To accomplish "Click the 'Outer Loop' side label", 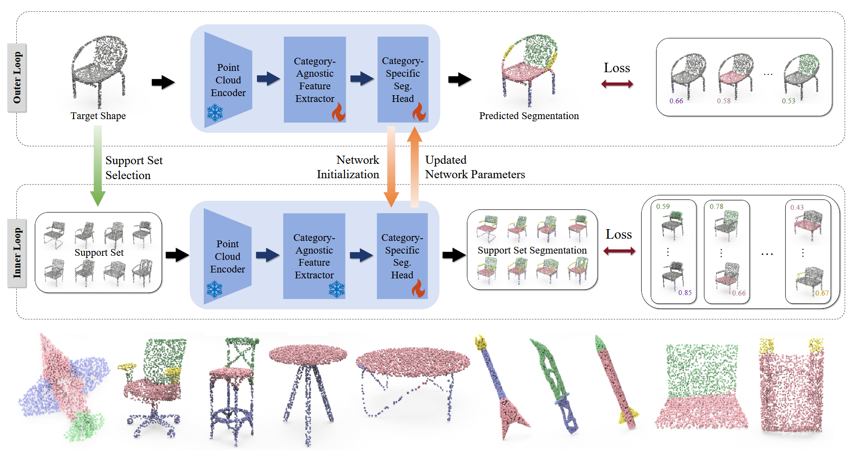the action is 17,78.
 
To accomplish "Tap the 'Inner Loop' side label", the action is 17,253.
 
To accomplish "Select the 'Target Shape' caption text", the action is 98,116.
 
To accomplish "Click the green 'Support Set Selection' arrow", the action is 98,166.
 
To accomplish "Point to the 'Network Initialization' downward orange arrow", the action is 391,166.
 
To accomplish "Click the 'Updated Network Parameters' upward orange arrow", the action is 415,166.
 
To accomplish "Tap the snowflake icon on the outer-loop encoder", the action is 215,113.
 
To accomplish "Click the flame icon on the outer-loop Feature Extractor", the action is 339,112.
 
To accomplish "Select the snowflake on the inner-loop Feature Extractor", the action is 336,289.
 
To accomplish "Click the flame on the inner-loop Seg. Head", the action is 419,288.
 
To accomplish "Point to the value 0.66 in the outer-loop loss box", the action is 676,101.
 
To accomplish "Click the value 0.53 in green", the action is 788,101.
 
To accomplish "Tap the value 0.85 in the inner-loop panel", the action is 685,293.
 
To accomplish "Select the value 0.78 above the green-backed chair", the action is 717,207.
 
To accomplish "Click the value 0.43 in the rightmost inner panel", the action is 797,208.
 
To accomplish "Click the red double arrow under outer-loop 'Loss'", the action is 617,84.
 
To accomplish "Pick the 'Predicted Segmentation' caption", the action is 529,116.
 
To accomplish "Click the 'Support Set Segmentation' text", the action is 532,250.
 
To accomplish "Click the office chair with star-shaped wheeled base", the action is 154,388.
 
